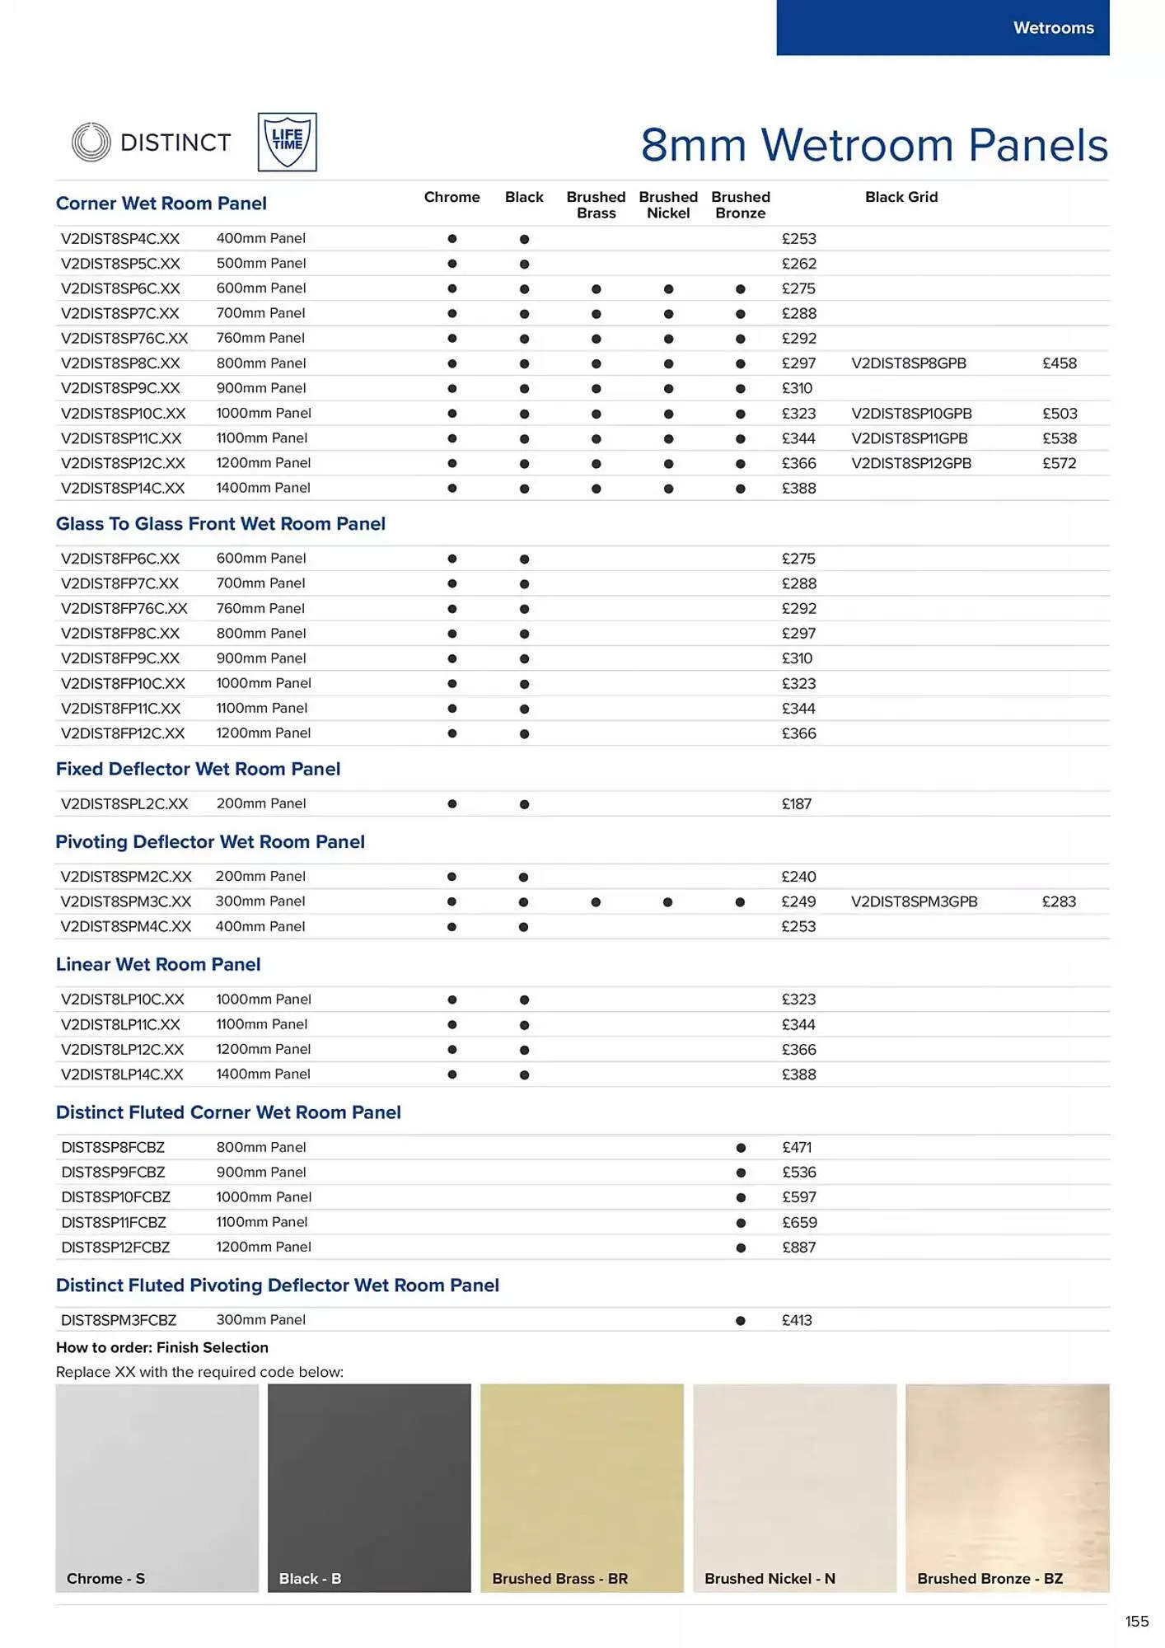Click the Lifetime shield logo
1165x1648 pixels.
tap(287, 142)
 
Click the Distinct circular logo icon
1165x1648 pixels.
tap(91, 142)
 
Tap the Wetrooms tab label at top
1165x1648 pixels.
tap(1053, 28)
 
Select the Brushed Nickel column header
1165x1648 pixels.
tap(668, 204)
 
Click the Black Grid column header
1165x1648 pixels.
tap(901, 197)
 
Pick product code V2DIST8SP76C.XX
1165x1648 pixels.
tap(124, 338)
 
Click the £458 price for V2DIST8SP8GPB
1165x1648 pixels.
tap(1059, 363)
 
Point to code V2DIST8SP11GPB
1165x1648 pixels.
tap(909, 438)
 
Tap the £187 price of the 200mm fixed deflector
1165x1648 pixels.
tap(796, 803)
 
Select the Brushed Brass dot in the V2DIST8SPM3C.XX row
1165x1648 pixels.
tap(596, 902)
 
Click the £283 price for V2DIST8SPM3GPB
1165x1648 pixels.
tap(1058, 901)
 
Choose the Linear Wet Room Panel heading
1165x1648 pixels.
tap(158, 964)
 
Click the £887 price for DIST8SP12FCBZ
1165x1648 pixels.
tap(798, 1248)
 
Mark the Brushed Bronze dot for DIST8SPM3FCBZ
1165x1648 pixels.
tap(740, 1320)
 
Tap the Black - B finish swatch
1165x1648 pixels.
tap(369, 1487)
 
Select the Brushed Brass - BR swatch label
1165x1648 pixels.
tap(559, 1578)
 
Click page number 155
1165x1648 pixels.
tap(1136, 1621)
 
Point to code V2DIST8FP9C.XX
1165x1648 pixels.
tap(120, 658)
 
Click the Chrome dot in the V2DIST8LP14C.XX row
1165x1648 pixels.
tap(451, 1074)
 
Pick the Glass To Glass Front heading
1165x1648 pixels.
tap(220, 524)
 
